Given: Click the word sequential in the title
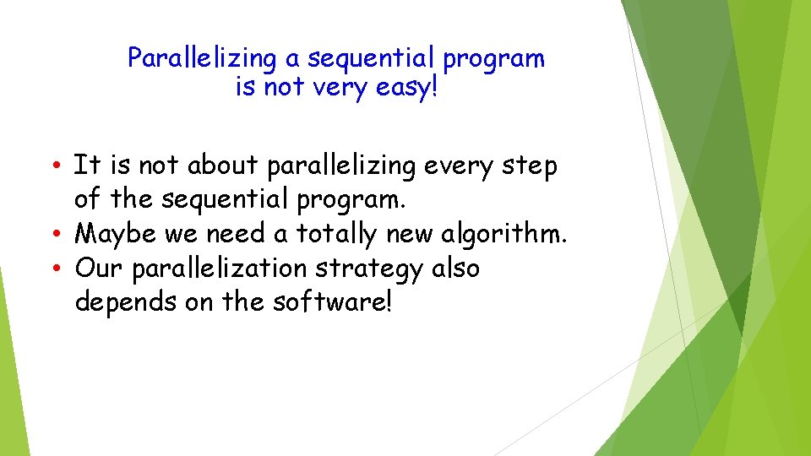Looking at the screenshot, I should (374, 59).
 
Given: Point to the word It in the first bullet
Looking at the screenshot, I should (84, 166).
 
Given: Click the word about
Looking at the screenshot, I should (225, 166).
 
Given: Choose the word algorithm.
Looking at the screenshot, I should (503, 234).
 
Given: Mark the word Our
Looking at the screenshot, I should (95, 268).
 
